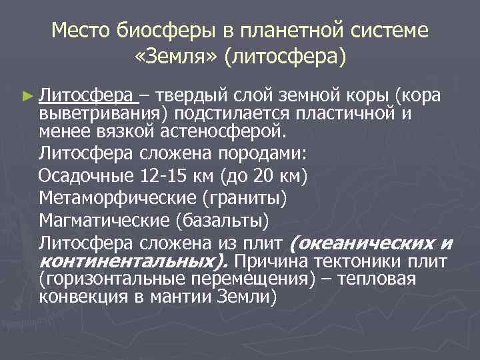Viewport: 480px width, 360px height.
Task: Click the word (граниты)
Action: coord(246,198)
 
